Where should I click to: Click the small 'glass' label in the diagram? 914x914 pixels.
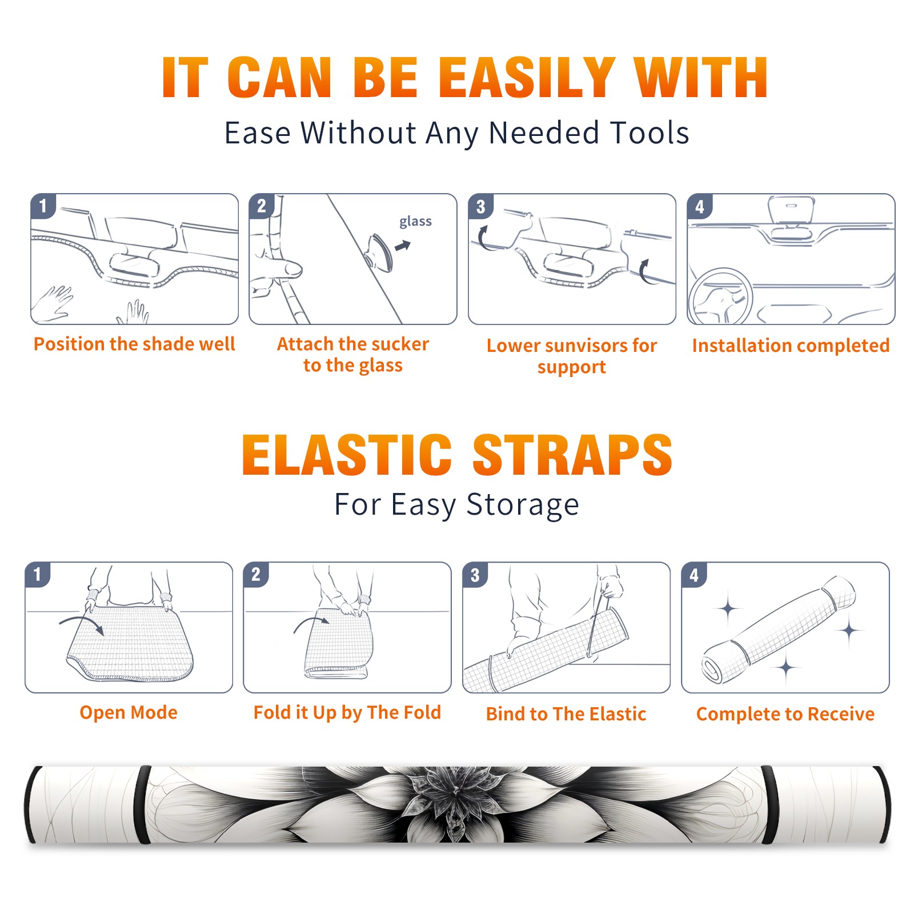pos(415,222)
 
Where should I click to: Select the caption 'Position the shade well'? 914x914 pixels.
pos(134,344)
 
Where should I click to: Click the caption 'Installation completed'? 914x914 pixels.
pos(791,346)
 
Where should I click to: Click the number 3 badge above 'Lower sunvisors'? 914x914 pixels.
pos(480,207)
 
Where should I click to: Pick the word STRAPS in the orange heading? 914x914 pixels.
pos(572,455)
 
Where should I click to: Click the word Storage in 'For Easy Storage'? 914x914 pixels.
pos(523,505)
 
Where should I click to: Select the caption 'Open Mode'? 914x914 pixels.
pos(129,712)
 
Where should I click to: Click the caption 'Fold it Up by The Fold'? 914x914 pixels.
pos(347,712)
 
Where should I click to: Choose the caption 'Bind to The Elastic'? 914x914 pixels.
pos(566,714)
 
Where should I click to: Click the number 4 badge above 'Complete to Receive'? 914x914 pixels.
pos(694,575)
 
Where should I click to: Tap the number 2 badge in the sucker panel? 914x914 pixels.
pos(262,206)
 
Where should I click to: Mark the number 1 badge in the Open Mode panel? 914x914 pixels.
pos(38,575)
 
